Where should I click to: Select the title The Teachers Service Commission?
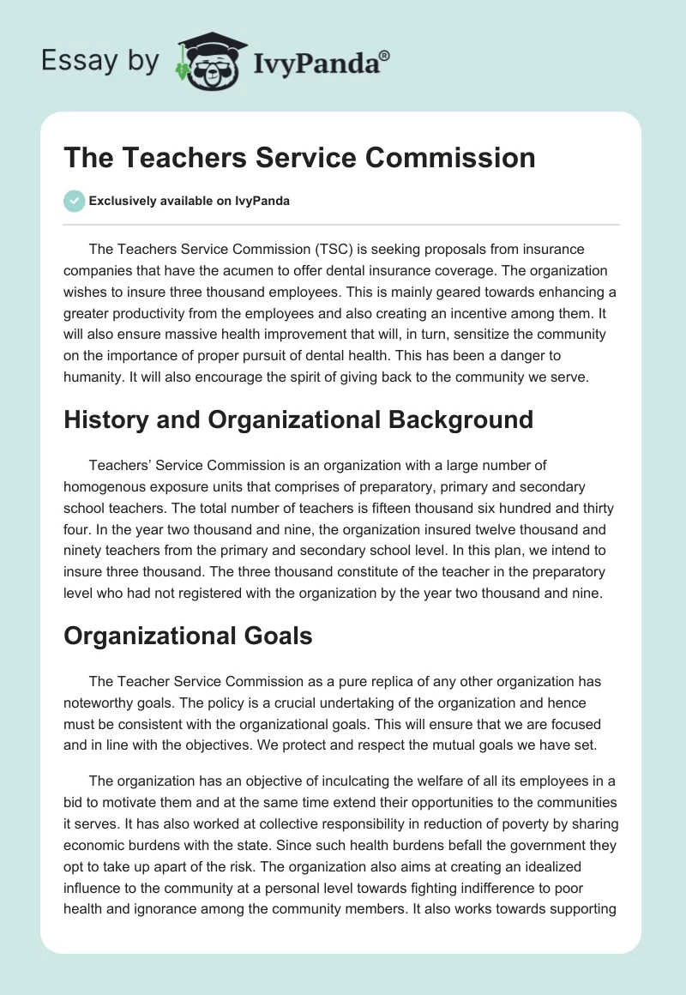tap(299, 158)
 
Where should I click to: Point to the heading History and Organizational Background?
tap(298, 419)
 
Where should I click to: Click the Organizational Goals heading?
tap(188, 636)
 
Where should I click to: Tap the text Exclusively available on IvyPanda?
tap(190, 201)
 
